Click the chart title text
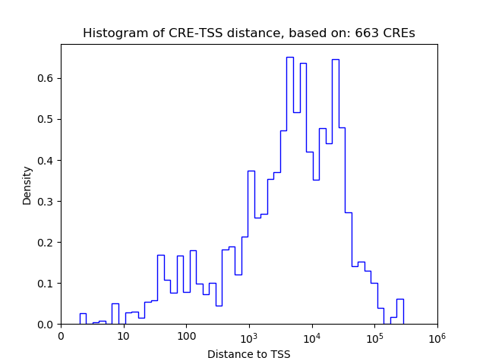(248, 33)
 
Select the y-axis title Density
(27, 185)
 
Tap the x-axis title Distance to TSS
(248, 354)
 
